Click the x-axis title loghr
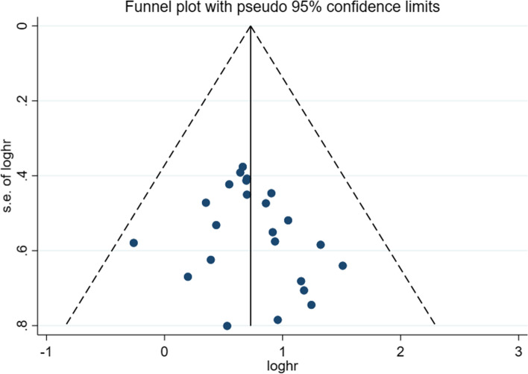(282, 365)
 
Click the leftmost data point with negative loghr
(133, 243)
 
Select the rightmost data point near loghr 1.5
(342, 266)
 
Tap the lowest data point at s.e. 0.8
(227, 325)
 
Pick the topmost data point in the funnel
(242, 166)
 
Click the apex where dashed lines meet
(251, 26)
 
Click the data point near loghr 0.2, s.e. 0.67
(188, 276)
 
